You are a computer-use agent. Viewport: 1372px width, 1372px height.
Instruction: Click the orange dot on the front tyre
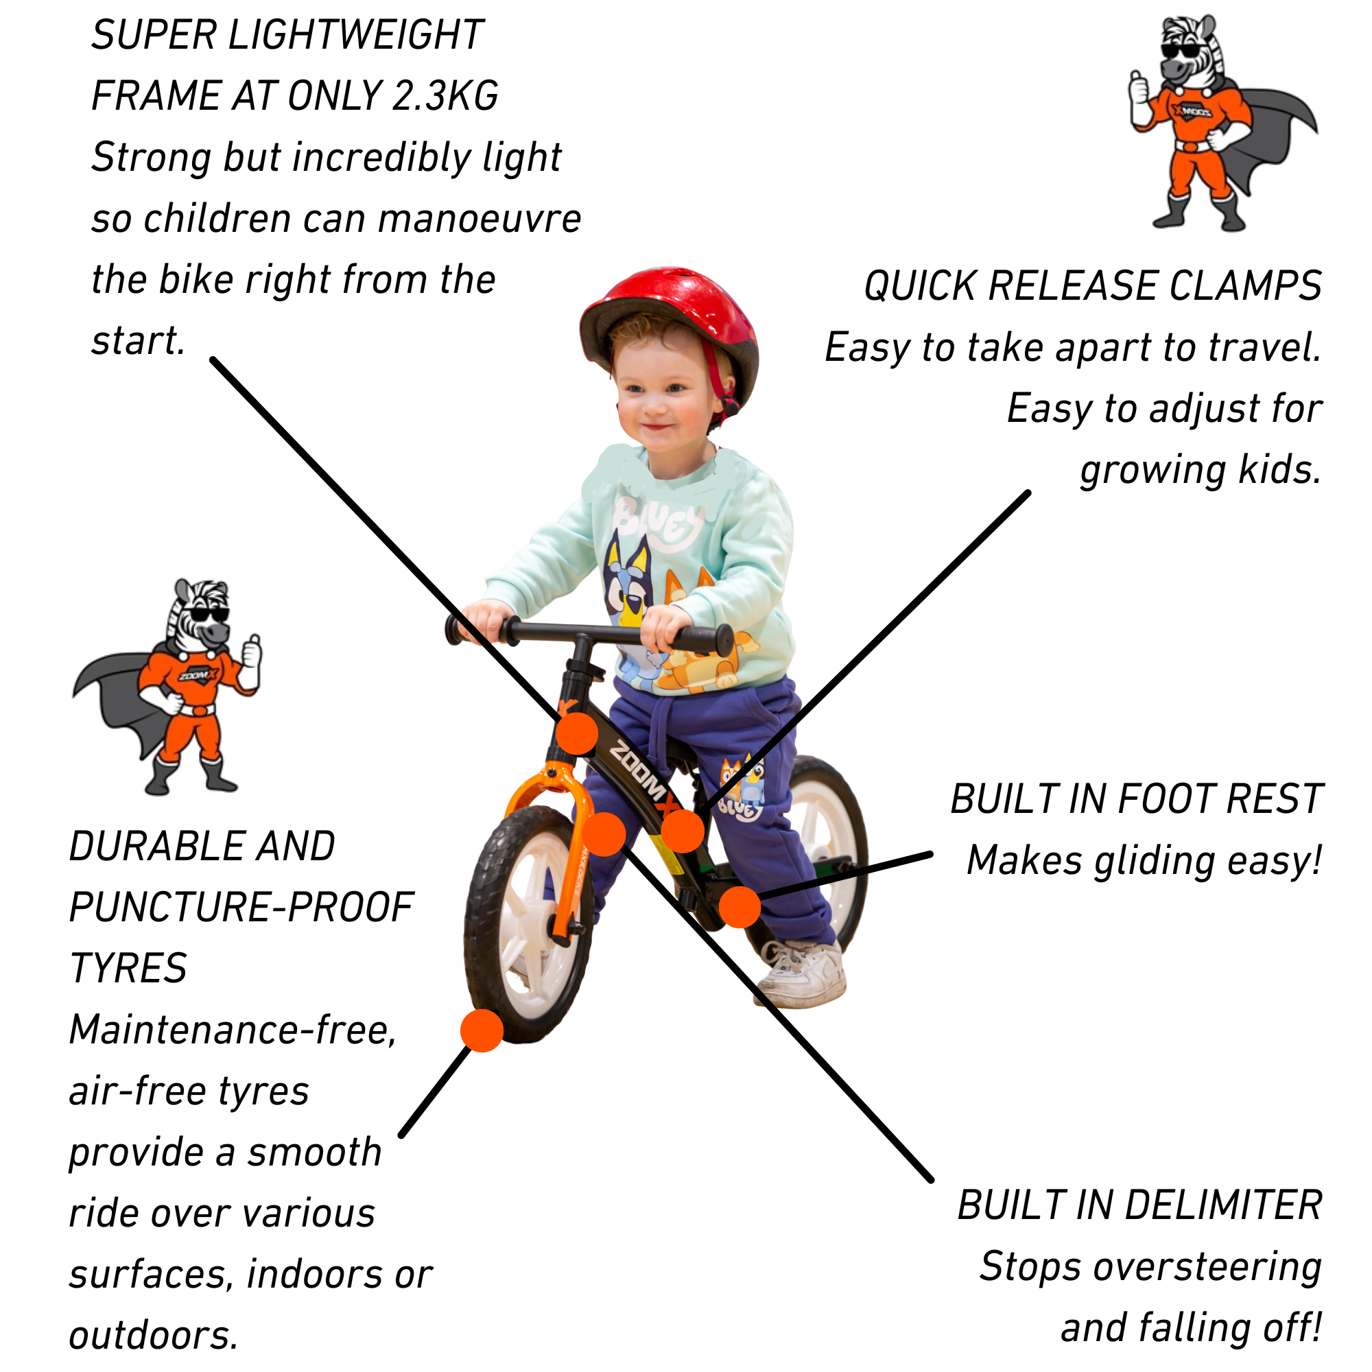coord(482,1030)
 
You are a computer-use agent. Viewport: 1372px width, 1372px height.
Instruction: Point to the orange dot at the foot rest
coord(740,907)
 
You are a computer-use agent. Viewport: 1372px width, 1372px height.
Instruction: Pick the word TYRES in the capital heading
coord(128,968)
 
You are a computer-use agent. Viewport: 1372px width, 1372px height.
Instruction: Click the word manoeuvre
coord(480,219)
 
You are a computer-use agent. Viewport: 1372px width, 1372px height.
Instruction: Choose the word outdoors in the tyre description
coord(153,1336)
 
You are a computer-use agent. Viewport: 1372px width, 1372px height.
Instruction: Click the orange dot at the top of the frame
coord(577,733)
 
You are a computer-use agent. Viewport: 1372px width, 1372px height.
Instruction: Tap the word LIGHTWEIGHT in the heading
coord(356,35)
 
